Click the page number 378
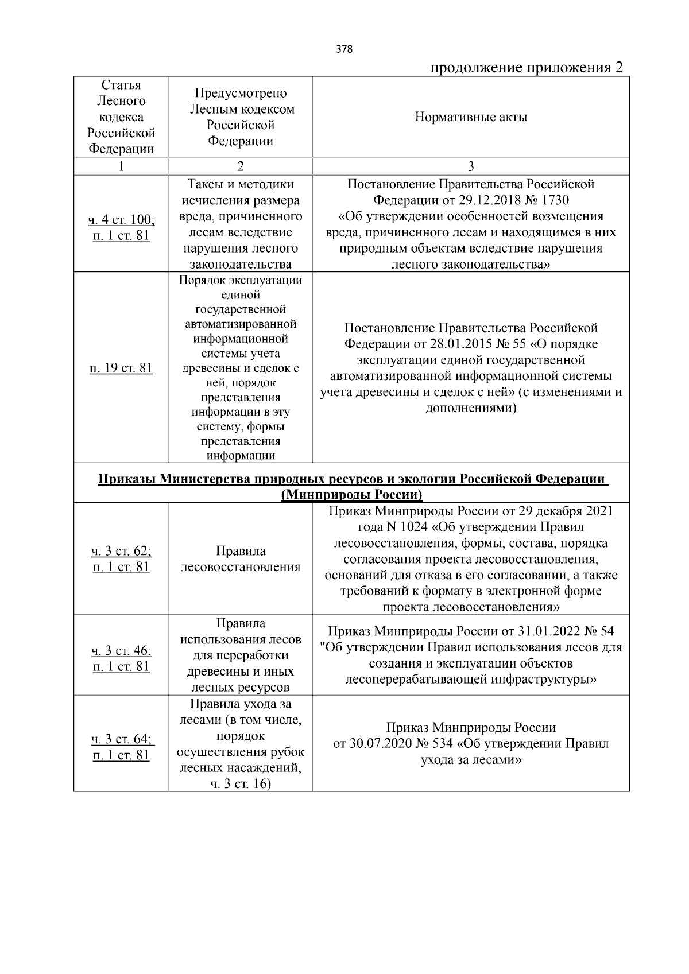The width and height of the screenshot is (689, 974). point(344,49)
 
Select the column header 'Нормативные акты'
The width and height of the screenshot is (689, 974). point(471,118)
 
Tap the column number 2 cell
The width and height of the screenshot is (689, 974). point(241,166)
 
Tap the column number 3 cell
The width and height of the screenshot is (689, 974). point(471,166)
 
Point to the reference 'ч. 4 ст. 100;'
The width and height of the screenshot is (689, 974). point(121,219)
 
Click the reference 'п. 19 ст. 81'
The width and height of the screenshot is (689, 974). point(121,368)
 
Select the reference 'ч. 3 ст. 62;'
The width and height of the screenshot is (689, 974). point(121,552)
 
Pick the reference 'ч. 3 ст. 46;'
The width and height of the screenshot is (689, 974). point(121,651)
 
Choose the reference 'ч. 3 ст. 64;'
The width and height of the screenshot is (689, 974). point(121,739)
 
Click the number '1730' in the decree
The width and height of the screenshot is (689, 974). point(554,200)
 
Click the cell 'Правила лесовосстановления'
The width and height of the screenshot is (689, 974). point(241,559)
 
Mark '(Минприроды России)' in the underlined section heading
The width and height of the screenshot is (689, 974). point(352,495)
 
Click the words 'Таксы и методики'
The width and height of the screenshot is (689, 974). point(241,185)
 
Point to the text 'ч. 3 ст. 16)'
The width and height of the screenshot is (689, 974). point(241,784)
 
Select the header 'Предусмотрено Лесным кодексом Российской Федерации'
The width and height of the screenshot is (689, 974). point(241,117)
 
